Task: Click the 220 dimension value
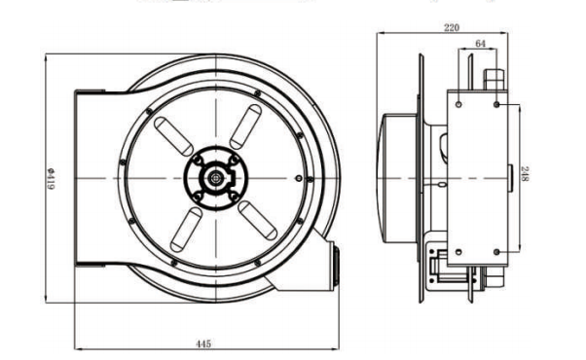click(451, 27)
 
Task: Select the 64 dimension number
click(480, 44)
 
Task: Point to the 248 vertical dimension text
click(525, 174)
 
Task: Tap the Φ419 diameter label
click(51, 178)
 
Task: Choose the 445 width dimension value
click(203, 343)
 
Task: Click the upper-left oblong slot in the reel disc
click(174, 136)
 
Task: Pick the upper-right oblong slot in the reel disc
click(245, 126)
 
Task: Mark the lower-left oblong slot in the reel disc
click(186, 230)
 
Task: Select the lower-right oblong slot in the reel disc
click(258, 220)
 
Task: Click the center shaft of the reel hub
click(216, 178)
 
